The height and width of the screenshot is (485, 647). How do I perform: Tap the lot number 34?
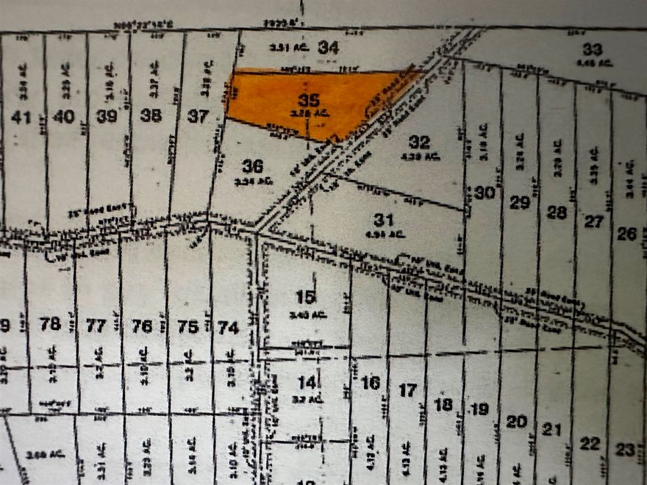tap(329, 48)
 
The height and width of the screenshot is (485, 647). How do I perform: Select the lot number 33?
tap(592, 49)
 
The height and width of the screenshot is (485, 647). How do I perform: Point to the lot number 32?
tap(419, 142)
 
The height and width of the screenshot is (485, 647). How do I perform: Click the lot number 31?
tap(384, 219)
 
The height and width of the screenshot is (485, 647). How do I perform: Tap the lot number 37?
tap(198, 115)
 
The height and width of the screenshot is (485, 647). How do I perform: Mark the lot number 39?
tap(107, 115)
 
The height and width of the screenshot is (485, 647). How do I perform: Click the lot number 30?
tap(483, 193)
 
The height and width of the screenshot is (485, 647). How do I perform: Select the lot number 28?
tap(557, 212)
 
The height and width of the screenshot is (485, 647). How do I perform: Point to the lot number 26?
tap(626, 234)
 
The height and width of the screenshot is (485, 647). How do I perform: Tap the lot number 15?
tap(305, 297)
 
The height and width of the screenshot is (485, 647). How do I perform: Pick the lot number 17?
tap(407, 390)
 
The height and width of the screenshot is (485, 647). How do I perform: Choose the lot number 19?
tap(479, 409)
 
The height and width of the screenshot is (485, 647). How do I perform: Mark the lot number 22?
tap(590, 443)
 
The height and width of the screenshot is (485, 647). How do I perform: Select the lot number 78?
tap(50, 323)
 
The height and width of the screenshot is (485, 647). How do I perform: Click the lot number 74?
tap(229, 328)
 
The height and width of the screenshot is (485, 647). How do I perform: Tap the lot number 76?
tap(142, 326)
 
